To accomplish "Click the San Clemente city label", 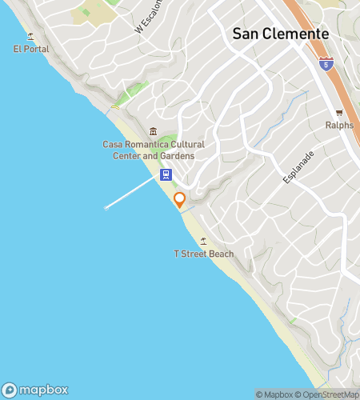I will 280,34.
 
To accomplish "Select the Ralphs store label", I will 339,125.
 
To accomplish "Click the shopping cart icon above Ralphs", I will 339,113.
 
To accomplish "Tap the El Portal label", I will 31,49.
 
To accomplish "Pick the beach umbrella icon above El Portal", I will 31,36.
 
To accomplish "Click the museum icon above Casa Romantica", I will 153,132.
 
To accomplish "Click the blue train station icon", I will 165,174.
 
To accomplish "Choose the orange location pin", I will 180,200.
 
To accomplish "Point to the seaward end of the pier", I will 106,208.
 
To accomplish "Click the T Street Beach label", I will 204,254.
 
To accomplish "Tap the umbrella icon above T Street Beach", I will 204,241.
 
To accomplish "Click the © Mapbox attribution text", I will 274,394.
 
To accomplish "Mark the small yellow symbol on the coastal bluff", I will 115,106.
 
